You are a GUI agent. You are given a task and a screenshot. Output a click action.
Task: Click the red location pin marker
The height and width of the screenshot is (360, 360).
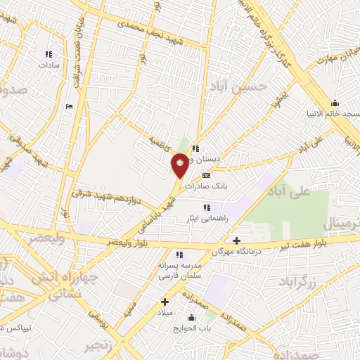[180, 165]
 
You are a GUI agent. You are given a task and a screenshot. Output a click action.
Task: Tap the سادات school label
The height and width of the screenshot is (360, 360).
[47, 64]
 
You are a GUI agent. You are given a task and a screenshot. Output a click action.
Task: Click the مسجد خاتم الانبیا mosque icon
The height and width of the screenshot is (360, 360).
[335, 103]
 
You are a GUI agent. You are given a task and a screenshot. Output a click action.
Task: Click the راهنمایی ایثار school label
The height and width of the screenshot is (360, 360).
[206, 218]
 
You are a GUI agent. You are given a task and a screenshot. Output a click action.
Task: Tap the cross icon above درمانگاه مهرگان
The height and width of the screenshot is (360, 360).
[236, 240]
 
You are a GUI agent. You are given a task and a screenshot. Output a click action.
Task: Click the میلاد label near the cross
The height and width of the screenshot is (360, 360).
[165, 311]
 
